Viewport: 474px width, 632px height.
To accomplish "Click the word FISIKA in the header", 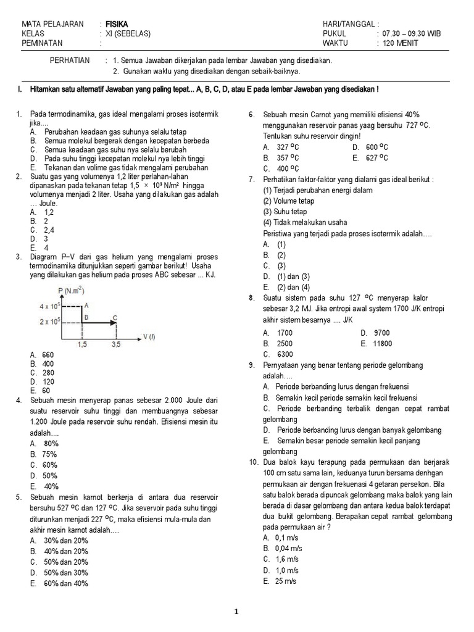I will click(x=117, y=24).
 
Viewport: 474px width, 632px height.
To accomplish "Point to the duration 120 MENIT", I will click(x=400, y=43).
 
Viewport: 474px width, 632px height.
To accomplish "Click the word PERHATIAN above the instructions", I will click(x=69, y=60).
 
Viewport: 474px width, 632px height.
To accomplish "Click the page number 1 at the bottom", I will click(x=236, y=612).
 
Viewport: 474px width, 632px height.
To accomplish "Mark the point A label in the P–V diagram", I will click(x=86, y=305).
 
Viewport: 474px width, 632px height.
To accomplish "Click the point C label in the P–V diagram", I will click(x=115, y=318).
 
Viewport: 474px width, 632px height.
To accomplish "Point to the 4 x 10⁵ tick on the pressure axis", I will click(x=49, y=306).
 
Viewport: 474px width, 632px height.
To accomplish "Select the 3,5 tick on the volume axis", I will click(x=116, y=345).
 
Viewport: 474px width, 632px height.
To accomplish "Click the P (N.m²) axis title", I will click(x=71, y=291).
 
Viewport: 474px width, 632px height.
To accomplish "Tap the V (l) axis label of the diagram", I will click(x=149, y=336).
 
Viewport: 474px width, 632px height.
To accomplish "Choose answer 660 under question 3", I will click(x=48, y=355).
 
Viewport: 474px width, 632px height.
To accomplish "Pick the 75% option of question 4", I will click(x=50, y=454).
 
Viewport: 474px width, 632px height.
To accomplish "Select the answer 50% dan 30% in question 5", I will click(x=65, y=572).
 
